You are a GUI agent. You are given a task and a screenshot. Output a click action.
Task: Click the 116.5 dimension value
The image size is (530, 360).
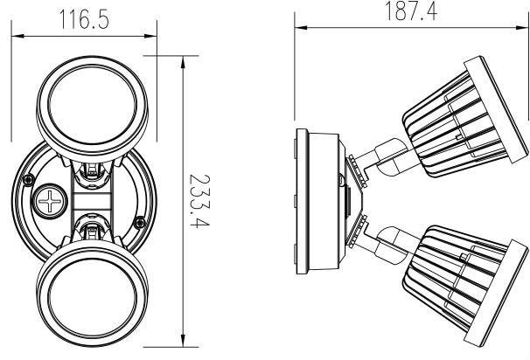(x=84, y=19)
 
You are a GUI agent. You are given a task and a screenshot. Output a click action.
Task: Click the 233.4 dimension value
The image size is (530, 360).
(x=199, y=201)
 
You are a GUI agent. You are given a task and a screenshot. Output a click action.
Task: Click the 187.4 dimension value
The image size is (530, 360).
(x=411, y=11)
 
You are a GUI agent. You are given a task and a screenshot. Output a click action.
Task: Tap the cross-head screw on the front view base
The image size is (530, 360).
(x=51, y=201)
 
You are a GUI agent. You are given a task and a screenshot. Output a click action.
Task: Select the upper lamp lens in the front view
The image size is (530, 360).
(x=93, y=105)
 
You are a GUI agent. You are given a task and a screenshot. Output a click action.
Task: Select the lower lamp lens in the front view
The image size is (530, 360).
(x=93, y=298)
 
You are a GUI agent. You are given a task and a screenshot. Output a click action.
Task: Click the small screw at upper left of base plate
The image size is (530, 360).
(x=28, y=180)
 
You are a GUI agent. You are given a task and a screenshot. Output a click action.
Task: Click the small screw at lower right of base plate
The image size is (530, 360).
(x=140, y=223)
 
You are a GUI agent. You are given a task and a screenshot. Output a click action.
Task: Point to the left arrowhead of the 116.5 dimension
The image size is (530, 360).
(x=17, y=36)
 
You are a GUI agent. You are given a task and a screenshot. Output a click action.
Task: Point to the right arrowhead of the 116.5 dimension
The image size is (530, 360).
(x=150, y=36)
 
